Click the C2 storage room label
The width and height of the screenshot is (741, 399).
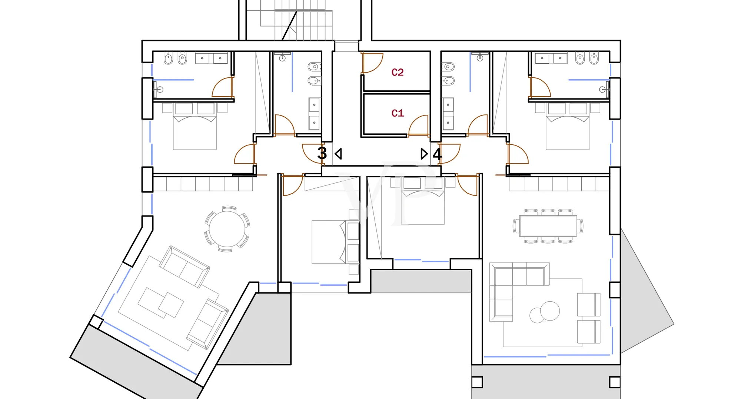tap(398, 72)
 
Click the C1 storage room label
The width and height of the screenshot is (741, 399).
tap(398, 113)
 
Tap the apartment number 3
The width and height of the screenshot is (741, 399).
tap(322, 153)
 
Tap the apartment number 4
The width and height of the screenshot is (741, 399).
tap(437, 154)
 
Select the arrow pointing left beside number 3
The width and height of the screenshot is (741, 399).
tap(338, 154)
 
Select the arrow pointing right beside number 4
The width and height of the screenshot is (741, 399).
tap(424, 154)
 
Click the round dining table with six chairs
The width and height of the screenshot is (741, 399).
tap(227, 229)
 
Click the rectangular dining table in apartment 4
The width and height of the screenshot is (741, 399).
tap(548, 226)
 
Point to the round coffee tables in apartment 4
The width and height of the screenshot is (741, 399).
tap(545, 312)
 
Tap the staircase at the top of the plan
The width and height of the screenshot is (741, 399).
tap(296, 20)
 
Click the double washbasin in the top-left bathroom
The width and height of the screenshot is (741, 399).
tap(211, 58)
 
